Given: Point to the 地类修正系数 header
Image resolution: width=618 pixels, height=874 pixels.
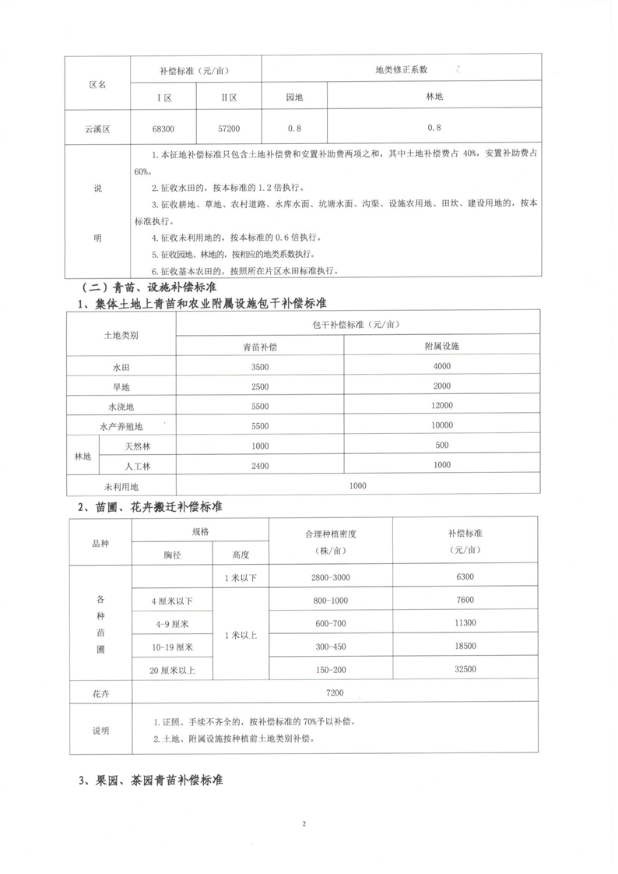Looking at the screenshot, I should (401, 69).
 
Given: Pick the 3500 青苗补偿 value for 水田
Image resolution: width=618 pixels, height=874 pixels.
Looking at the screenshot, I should (260, 367).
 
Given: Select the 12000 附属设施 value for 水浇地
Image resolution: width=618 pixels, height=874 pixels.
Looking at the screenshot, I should (441, 407).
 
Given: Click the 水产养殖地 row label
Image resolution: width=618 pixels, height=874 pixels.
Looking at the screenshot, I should (121, 426).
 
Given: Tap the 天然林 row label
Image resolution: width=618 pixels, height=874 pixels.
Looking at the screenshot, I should (136, 446).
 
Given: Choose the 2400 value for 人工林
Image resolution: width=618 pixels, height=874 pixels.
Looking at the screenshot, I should (260, 465).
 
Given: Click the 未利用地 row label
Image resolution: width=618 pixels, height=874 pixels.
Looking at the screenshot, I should (121, 485).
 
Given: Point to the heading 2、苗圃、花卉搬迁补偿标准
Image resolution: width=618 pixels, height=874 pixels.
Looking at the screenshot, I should (149, 506).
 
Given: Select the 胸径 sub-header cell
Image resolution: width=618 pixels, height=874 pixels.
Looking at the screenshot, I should (172, 554).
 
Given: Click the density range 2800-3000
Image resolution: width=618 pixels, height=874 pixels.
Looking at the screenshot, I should (331, 577).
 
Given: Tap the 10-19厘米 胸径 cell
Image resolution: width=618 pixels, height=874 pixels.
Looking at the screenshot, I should (173, 647).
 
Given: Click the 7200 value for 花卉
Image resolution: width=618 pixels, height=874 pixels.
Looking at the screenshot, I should (335, 692).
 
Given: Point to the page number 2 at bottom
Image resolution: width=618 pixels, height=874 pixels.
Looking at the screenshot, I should (306, 823).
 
